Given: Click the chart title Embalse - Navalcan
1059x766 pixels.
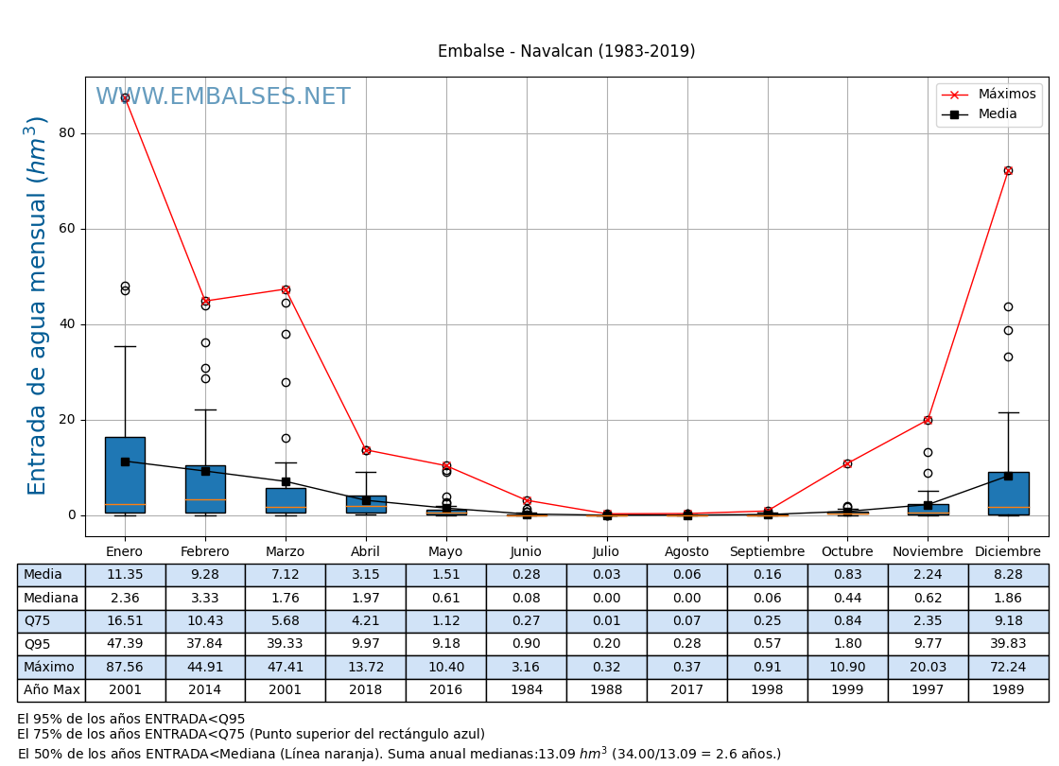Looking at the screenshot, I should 565,51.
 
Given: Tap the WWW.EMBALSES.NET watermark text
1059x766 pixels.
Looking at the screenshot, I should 222,97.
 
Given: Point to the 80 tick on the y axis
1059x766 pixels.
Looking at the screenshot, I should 66,133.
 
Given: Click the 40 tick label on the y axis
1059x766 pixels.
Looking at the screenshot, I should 66,324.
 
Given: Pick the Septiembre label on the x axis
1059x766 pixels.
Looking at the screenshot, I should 767,552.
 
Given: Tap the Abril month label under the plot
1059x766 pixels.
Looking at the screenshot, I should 366,552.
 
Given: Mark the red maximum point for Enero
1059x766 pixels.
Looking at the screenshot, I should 125,97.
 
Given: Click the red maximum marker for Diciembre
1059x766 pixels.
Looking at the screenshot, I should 1008,170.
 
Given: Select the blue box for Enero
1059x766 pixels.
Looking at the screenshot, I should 125,475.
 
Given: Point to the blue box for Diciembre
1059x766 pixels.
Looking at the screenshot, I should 1008,493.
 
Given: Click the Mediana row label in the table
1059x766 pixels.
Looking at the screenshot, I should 51,599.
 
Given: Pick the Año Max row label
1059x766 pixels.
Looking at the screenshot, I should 51,690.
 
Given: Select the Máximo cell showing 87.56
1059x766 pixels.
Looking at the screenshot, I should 125,668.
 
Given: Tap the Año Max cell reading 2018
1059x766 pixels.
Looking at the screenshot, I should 366,690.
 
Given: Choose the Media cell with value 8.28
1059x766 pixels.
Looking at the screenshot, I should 1008,575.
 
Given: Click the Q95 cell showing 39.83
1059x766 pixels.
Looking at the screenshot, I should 1008,644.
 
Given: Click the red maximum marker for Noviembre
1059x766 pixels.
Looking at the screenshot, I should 928,420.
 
